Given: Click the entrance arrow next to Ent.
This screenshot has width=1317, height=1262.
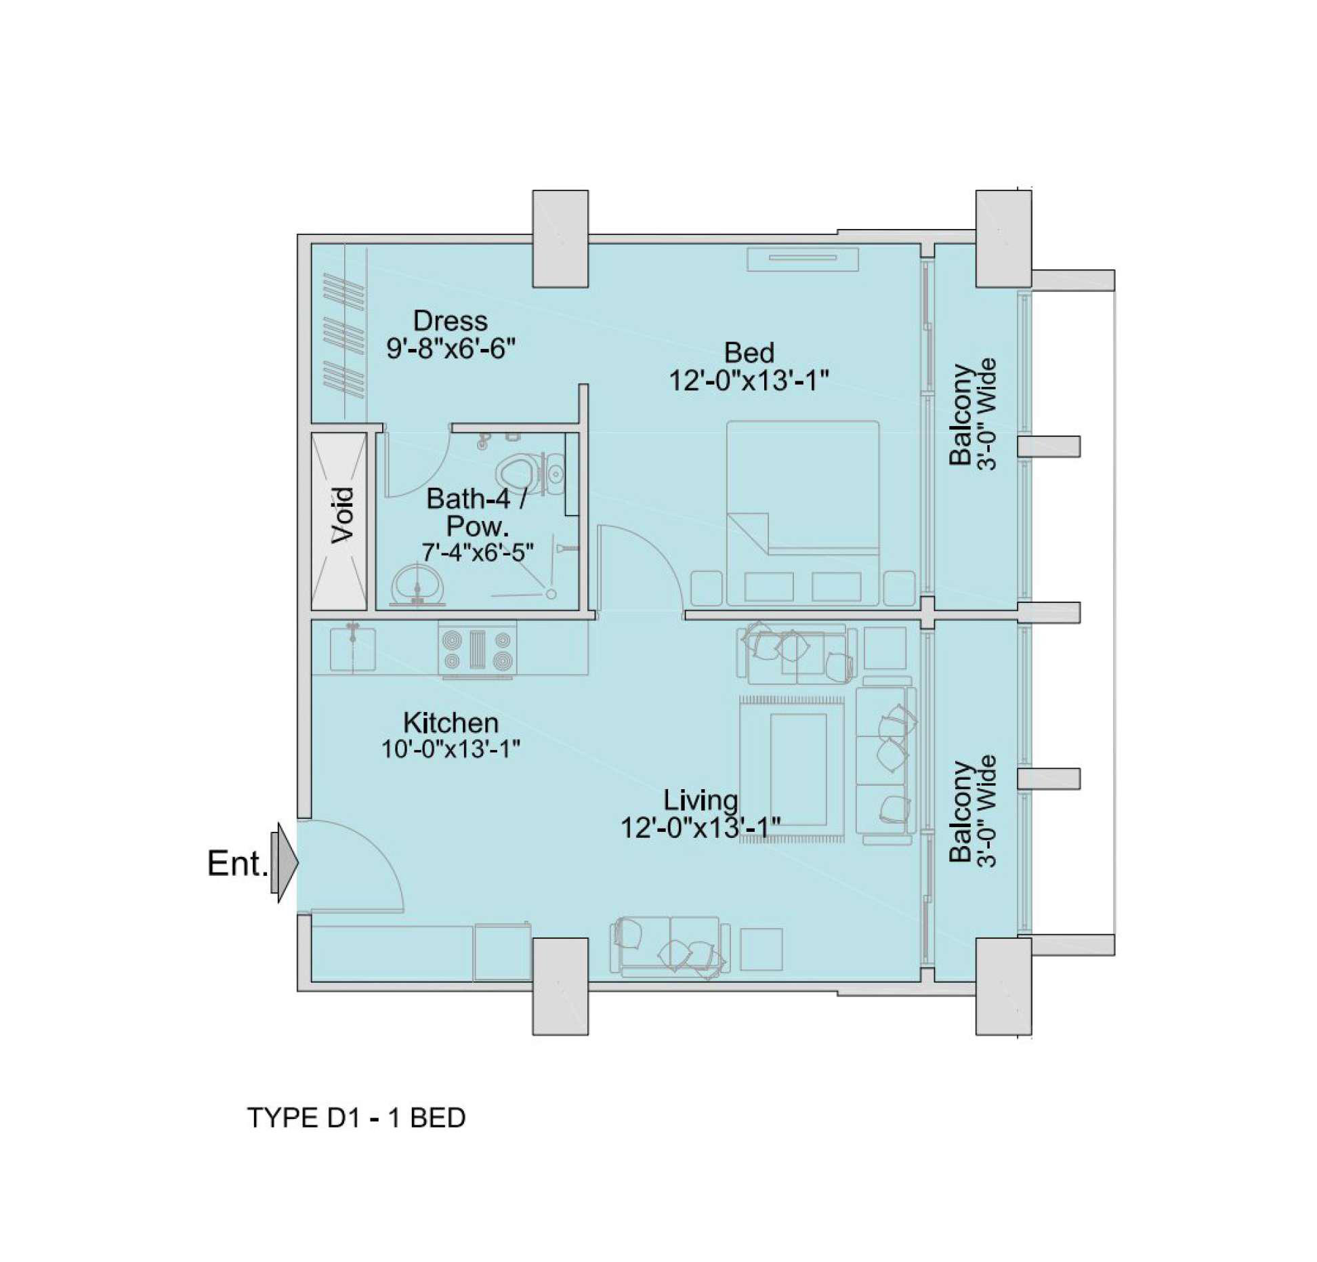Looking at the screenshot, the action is pos(285,862).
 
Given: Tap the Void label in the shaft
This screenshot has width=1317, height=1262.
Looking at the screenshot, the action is pos(343,514).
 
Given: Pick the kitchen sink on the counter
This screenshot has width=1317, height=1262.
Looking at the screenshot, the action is pos(352,649).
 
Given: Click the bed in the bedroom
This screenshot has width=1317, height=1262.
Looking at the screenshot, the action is pos(803,513).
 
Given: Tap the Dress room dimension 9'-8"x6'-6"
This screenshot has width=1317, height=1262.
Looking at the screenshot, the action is pos(451,349).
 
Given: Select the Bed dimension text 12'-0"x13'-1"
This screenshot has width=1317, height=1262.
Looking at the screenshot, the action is pos(749,381).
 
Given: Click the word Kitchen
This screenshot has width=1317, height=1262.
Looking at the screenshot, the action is pos(451,723).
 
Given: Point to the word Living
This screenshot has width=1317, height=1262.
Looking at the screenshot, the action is pos(701,800).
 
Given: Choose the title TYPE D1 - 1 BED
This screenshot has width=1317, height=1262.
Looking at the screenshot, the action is pos(356,1117).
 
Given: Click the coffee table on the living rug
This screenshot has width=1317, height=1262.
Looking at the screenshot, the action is pos(798,770).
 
